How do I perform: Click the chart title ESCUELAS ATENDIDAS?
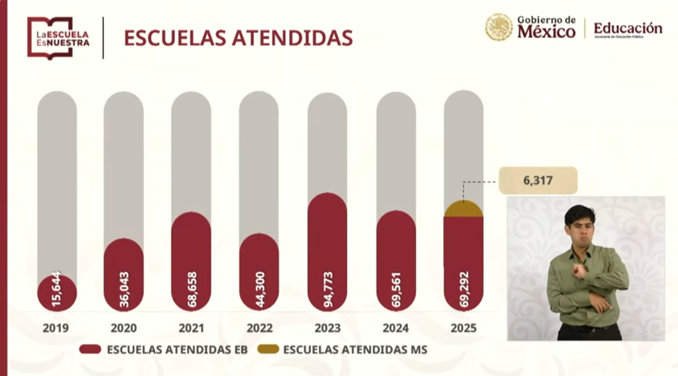click(x=238, y=38)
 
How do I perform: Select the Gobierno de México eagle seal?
click(x=498, y=27)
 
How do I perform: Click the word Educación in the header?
click(x=627, y=28)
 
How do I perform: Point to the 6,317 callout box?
click(x=538, y=181)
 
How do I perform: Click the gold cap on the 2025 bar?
click(x=463, y=209)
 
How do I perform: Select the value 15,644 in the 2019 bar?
click(x=57, y=290)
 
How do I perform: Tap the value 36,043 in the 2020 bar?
click(x=124, y=289)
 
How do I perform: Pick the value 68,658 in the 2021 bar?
click(x=191, y=289)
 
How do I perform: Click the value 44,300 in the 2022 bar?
click(x=259, y=289)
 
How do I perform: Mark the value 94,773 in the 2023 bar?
click(x=327, y=290)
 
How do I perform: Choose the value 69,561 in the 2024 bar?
click(x=396, y=289)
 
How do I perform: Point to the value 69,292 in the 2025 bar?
click(x=464, y=289)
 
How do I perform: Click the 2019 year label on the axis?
click(x=55, y=328)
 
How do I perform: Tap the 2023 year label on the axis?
click(x=327, y=328)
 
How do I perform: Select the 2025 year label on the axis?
click(x=463, y=328)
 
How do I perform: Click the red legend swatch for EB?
click(x=90, y=349)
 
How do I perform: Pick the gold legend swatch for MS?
click(x=269, y=349)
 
